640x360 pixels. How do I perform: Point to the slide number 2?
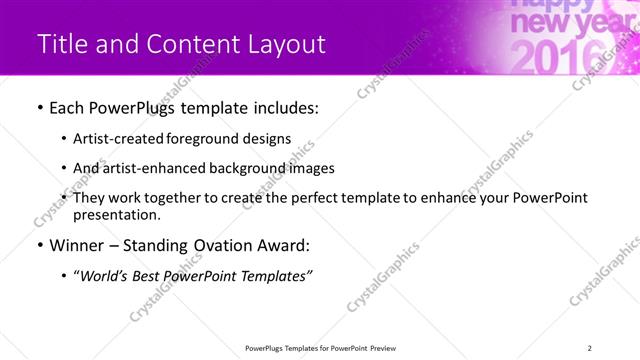(590, 347)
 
